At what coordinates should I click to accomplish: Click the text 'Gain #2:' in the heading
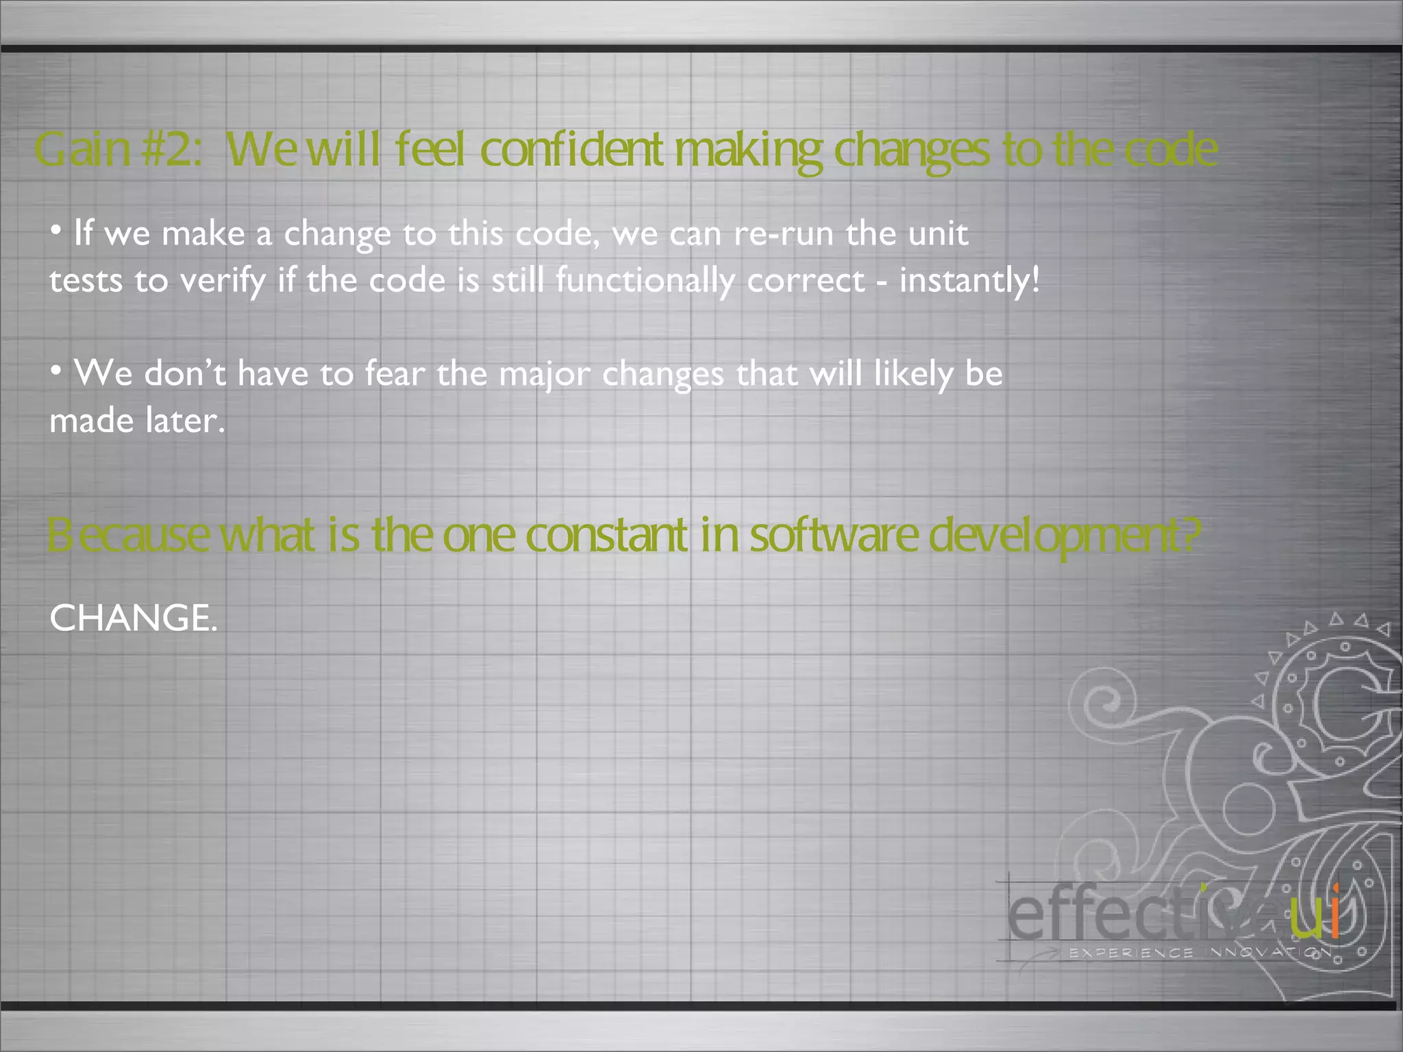(x=118, y=149)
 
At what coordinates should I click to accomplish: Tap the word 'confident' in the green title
(x=571, y=149)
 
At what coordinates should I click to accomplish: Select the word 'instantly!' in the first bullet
(x=969, y=280)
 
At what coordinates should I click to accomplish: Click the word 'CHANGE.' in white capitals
(x=134, y=618)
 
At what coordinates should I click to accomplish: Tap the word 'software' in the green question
(x=833, y=535)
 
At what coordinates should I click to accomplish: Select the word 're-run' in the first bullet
(x=783, y=234)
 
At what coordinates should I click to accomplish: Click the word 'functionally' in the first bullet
(x=645, y=280)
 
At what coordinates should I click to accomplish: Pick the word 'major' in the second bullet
(x=544, y=375)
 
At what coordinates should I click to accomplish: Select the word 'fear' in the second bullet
(x=395, y=374)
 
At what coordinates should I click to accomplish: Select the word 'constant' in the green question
(x=606, y=535)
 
